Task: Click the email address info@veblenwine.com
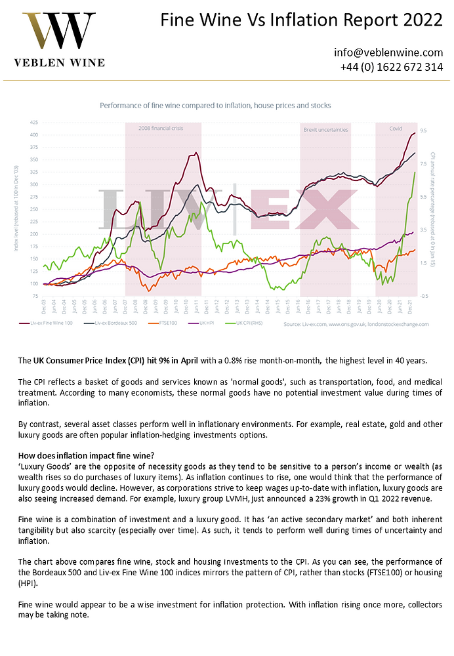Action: tap(388, 52)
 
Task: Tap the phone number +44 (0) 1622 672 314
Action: tap(392, 67)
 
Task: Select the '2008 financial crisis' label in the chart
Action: tap(161, 129)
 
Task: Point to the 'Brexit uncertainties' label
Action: tap(326, 130)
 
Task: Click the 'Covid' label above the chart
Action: tap(396, 129)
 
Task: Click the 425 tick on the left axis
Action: tap(33, 122)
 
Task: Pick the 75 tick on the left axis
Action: tap(35, 297)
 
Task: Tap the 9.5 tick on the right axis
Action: tap(424, 131)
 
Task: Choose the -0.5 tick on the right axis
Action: tap(424, 297)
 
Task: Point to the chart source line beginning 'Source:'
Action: tap(355, 324)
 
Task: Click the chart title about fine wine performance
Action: tap(215, 106)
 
